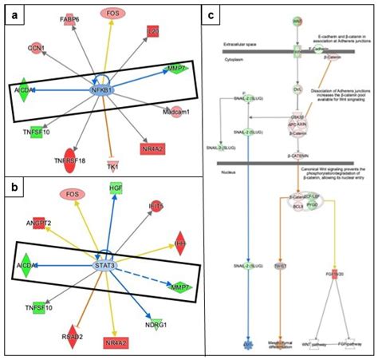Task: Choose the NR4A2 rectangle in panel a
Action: point(158,148)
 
